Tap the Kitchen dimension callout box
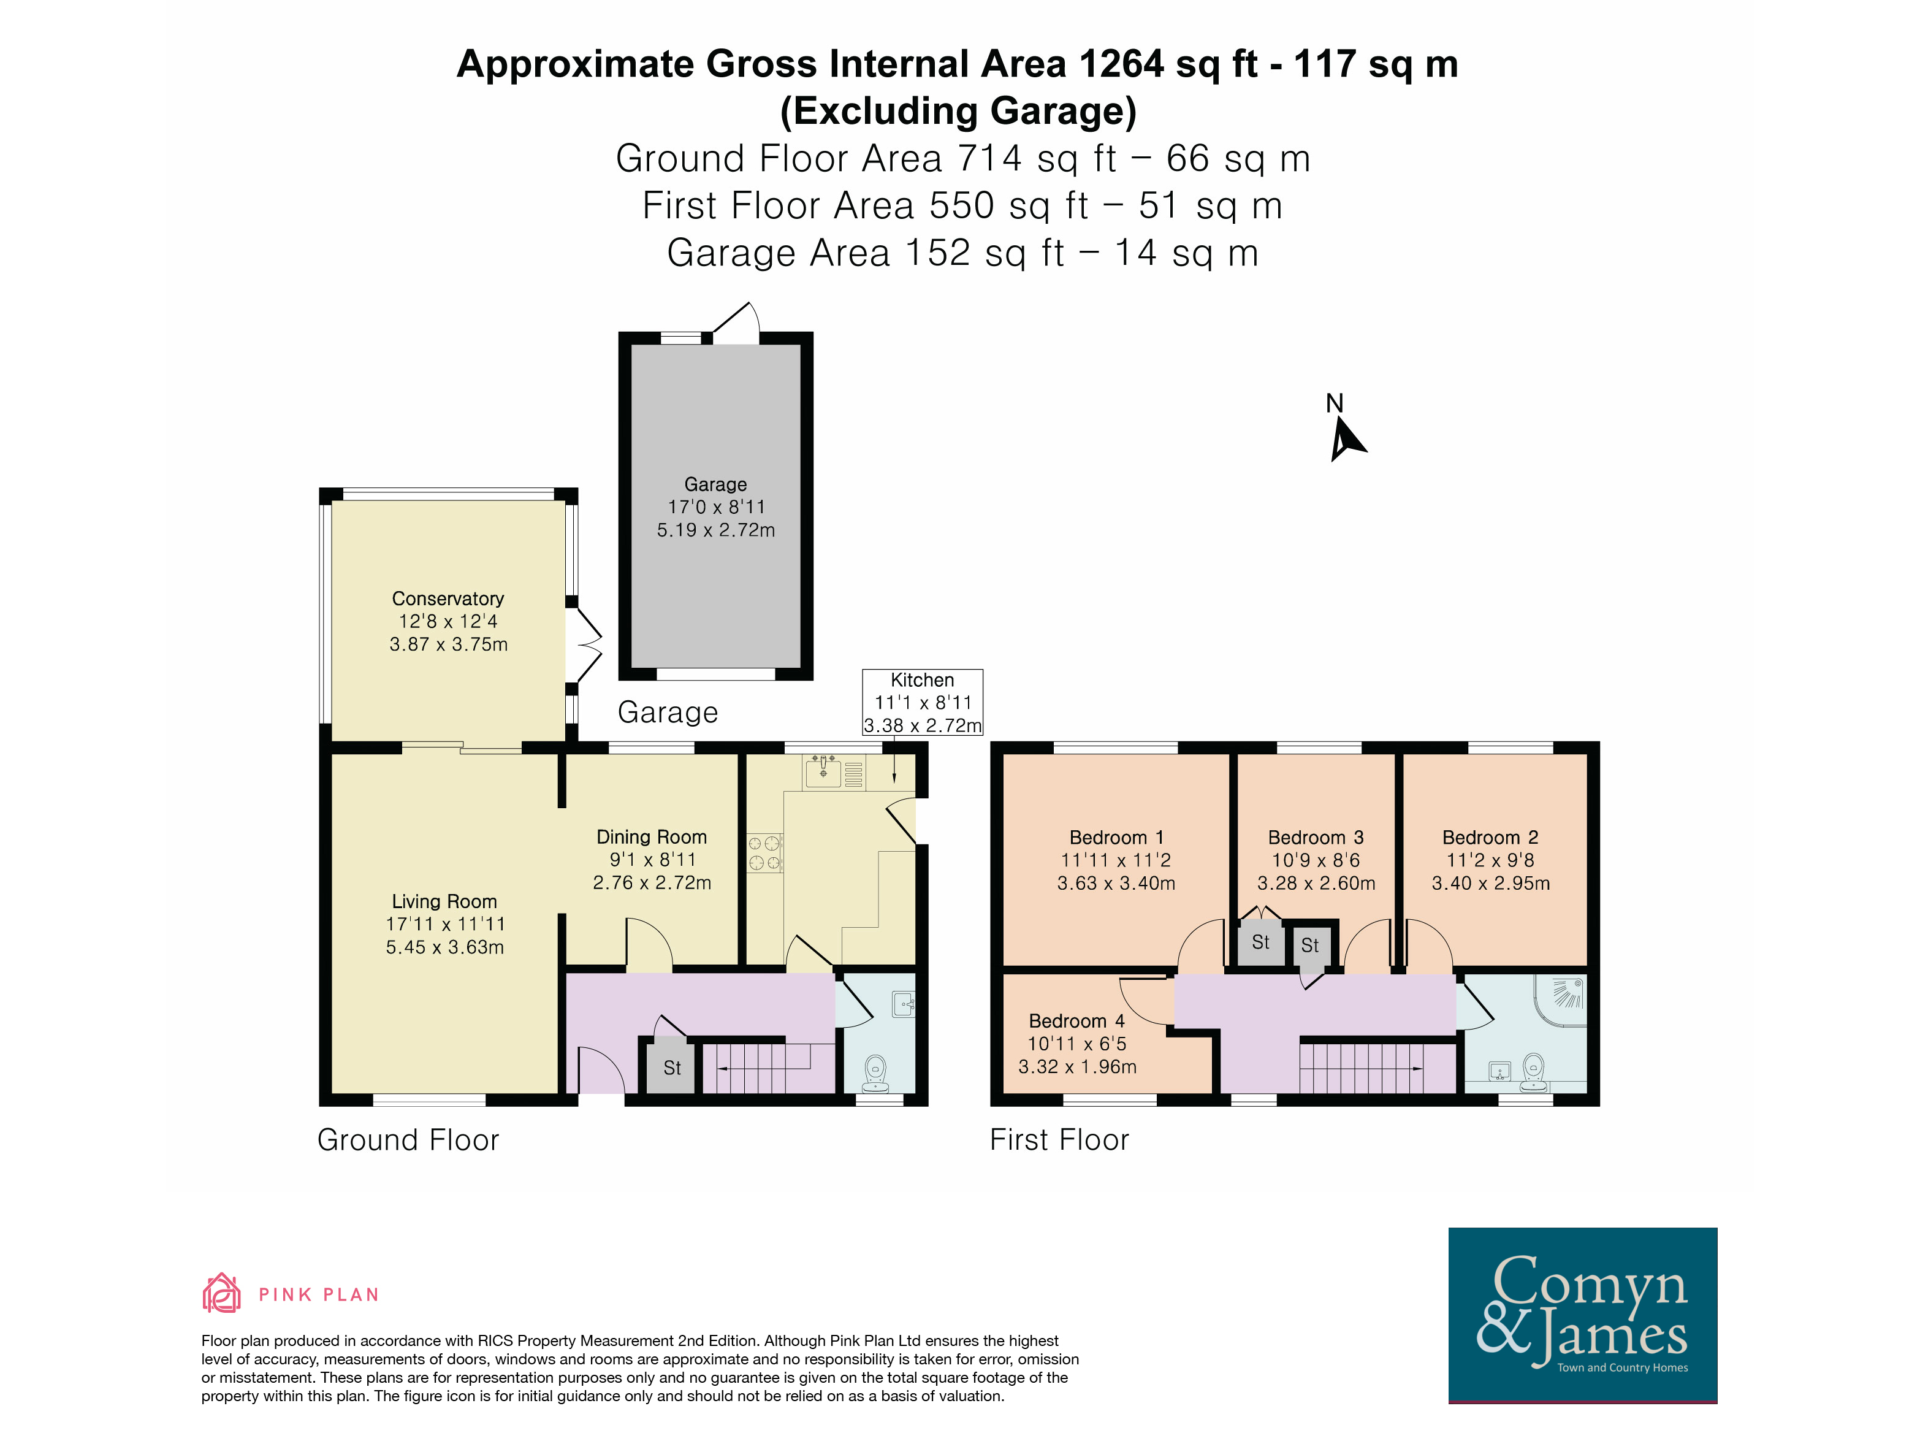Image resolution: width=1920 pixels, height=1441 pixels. [x=923, y=702]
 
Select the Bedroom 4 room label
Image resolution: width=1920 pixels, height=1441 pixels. [x=1076, y=1021]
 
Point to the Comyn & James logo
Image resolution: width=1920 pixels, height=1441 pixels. [x=1582, y=1314]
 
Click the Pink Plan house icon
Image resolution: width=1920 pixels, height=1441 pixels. [x=221, y=1293]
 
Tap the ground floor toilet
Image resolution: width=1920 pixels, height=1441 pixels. [x=876, y=1073]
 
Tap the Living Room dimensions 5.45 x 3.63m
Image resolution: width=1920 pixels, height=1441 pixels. [x=444, y=947]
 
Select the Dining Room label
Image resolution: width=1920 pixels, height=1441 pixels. [x=651, y=837]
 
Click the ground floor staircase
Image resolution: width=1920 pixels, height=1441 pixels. [x=756, y=1068]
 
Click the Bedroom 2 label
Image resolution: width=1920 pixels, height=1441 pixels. [x=1490, y=838]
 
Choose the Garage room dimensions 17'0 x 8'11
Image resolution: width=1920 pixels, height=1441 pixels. [x=716, y=507]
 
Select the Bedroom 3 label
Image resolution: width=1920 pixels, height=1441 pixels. [x=1316, y=838]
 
